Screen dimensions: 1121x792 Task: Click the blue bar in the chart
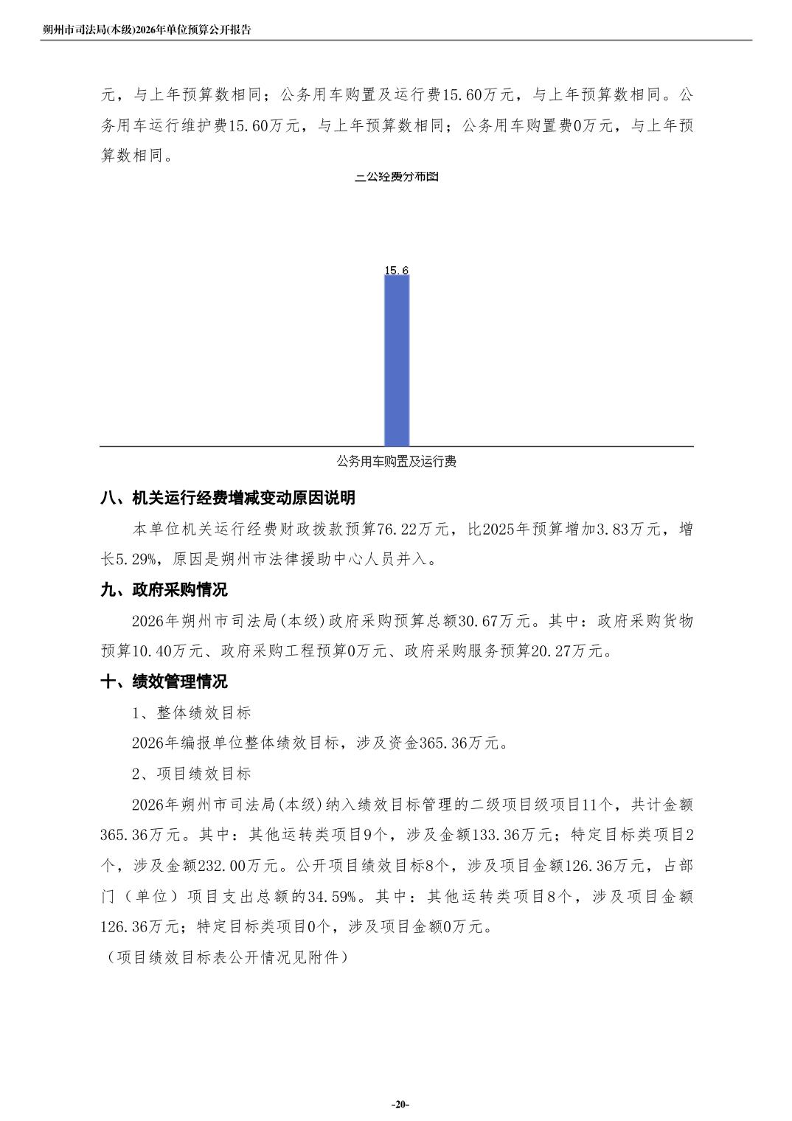tap(397, 361)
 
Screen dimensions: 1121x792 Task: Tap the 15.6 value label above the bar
tap(397, 271)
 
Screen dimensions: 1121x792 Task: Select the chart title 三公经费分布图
tap(397, 177)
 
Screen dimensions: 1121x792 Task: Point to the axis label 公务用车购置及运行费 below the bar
tap(397, 462)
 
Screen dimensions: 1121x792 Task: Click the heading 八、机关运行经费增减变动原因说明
tap(228, 498)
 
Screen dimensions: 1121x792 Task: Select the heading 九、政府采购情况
tap(164, 590)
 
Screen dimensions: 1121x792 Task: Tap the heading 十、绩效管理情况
tap(164, 681)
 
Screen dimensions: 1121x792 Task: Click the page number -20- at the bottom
tap(400, 1104)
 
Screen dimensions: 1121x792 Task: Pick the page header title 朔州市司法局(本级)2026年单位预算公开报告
tap(147, 30)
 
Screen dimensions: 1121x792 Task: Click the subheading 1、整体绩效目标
tap(192, 712)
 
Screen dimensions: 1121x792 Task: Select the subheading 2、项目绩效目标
tap(192, 774)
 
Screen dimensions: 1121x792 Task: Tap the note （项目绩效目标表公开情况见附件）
tap(224, 957)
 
